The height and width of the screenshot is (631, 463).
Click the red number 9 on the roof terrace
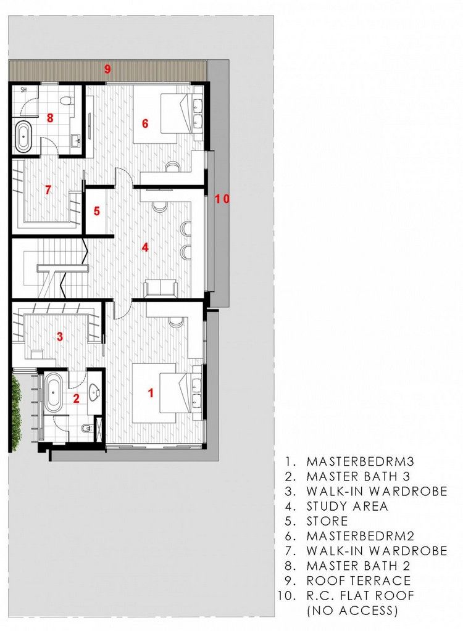107,69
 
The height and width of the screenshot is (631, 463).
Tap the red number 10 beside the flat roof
222,199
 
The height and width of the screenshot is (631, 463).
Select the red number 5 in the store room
97,210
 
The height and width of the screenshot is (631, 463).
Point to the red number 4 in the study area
145,247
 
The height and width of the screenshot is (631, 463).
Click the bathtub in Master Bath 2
23,136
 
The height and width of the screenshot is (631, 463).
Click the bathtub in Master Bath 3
52,393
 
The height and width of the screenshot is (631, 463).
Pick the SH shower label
23,90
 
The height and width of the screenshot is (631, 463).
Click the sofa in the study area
161,288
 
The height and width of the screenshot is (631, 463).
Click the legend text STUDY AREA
347,506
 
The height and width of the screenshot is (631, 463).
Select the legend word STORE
327,521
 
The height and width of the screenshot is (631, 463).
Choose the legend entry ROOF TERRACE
359,580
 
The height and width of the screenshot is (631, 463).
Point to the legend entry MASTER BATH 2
358,566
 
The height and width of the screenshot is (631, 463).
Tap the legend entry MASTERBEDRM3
361,461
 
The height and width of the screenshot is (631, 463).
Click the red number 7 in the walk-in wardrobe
48,189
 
